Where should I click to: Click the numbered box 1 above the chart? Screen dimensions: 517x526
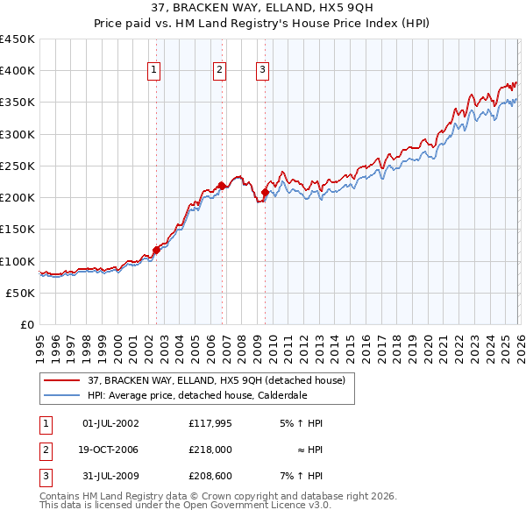click(x=154, y=71)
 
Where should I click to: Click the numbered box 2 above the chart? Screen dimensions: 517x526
click(x=219, y=71)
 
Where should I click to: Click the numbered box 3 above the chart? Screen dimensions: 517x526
click(x=263, y=71)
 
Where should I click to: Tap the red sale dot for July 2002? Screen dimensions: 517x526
click(x=157, y=250)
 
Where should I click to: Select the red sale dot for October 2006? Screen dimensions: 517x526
click(x=223, y=186)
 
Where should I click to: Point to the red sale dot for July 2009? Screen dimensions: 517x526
click(x=265, y=192)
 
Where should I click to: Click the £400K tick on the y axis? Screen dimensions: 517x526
click(x=18, y=71)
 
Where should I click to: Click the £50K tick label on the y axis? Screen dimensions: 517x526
click(x=21, y=294)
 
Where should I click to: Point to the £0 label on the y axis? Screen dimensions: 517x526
click(x=27, y=325)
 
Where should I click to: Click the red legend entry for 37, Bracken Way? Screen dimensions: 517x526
click(x=217, y=380)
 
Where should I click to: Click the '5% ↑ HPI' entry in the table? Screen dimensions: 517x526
click(x=302, y=423)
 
